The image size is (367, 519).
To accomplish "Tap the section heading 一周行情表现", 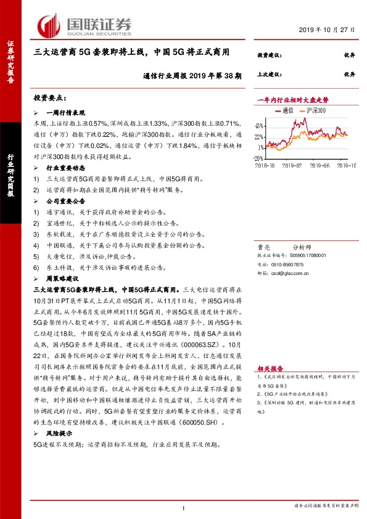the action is click(67, 114).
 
